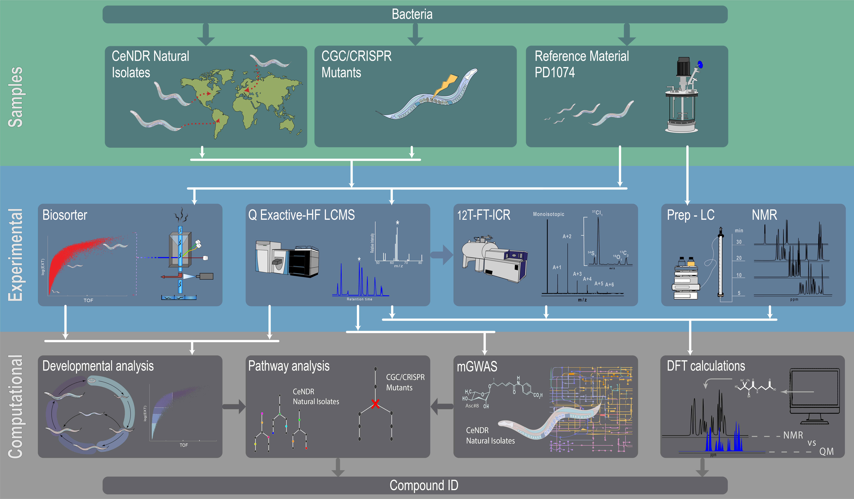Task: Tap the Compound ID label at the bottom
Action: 424,485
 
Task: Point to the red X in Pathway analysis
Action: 375,404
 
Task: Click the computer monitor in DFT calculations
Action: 814,395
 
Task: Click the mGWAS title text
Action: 477,367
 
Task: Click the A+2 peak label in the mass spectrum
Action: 567,236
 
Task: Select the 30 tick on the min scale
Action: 739,242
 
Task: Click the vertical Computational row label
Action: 15,407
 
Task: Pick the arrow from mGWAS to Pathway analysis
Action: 442,407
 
